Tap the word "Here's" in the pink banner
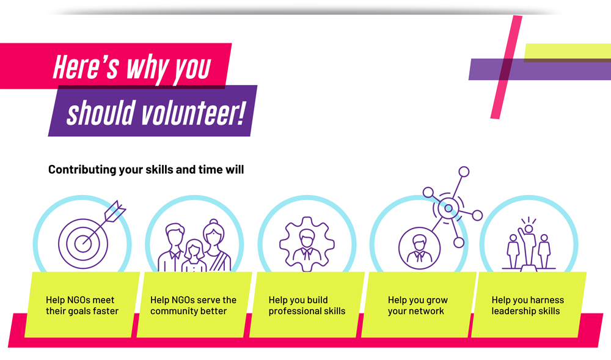pos(86,67)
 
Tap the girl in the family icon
pos(194,255)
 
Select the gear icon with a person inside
pos(307,244)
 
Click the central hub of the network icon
pos(448,208)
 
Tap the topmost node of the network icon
pos(464,171)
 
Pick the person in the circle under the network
pos(420,248)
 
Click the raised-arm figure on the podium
pos(528,244)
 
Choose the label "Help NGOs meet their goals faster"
pos(82,306)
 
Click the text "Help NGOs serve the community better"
pos(193,306)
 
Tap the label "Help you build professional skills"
pos(307,306)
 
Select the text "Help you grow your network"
pos(418,306)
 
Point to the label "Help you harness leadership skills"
pos(528,306)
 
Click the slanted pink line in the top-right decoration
pos(506,67)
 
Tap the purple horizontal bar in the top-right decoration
pos(540,69)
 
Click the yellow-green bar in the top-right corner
pos(568,52)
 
